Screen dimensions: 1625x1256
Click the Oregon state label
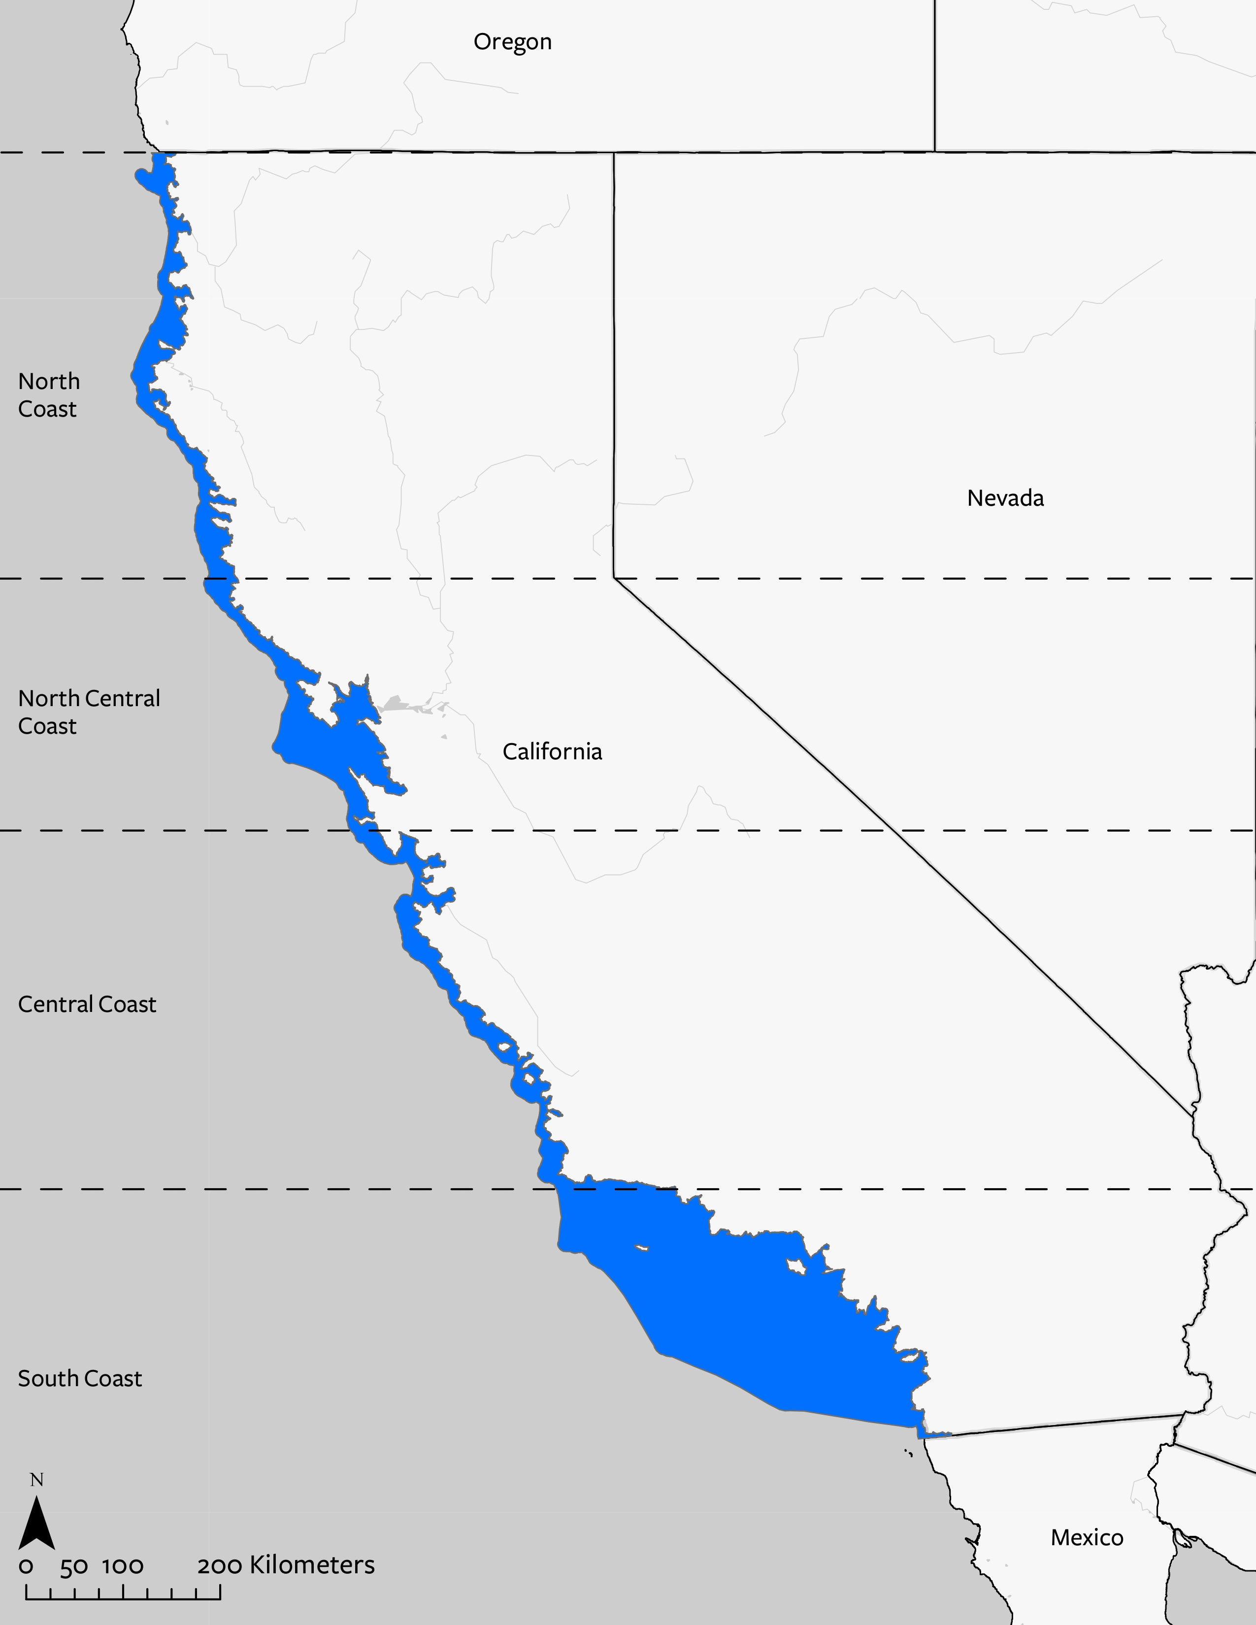(513, 42)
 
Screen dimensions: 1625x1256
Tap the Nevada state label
(1005, 498)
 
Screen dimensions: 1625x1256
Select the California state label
(552, 751)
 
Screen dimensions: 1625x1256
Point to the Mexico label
(1087, 1537)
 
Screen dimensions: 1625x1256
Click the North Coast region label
(48, 395)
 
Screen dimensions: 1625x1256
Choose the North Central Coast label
(89, 712)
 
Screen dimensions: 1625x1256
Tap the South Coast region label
(80, 1378)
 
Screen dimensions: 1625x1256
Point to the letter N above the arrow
(36, 1480)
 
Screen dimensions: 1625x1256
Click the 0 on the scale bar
(26, 1566)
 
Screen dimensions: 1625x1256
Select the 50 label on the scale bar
(74, 1566)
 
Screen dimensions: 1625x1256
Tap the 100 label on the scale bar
(123, 1566)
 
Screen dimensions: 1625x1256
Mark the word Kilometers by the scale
(312, 1565)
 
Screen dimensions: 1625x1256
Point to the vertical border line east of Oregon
(934, 74)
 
